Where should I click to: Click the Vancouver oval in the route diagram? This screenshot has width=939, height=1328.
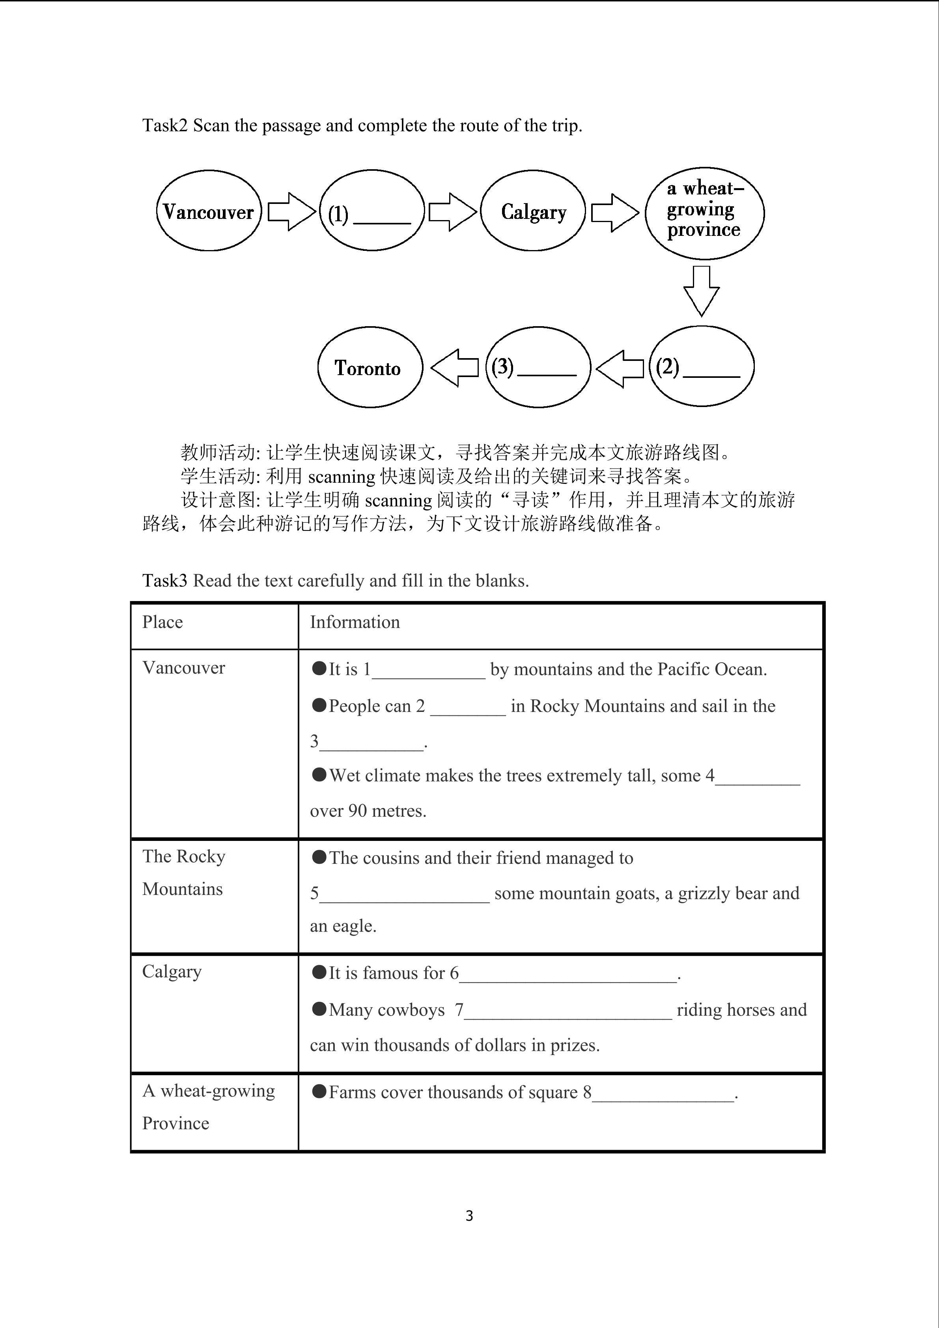click(209, 211)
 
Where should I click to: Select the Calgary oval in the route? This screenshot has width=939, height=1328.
click(533, 211)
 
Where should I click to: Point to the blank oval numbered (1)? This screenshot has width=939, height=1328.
click(372, 211)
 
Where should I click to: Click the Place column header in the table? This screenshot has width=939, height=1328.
click(162, 622)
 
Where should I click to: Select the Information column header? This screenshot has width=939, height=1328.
click(355, 622)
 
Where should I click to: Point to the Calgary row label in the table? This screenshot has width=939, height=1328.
click(172, 972)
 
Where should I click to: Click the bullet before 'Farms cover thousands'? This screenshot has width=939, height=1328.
click(319, 1091)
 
